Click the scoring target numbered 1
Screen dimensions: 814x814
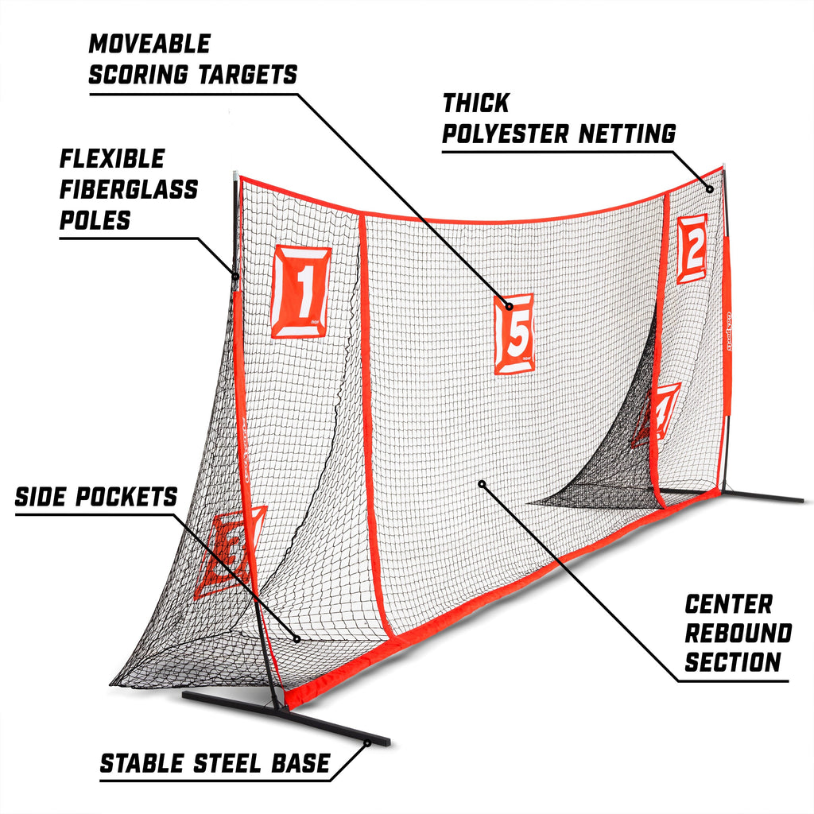(x=301, y=292)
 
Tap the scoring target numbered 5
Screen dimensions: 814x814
(x=515, y=334)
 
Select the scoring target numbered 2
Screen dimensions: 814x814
(x=692, y=249)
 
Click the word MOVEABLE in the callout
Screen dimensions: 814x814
(x=149, y=44)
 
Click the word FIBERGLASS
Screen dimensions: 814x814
(x=130, y=189)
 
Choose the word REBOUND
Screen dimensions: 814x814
(x=738, y=634)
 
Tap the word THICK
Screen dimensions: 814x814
(x=475, y=103)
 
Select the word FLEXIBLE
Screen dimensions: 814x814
(x=112, y=159)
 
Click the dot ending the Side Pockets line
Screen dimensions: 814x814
(x=297, y=638)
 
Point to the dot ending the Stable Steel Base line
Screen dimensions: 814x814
(x=368, y=744)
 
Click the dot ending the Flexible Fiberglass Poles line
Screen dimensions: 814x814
(x=236, y=277)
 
